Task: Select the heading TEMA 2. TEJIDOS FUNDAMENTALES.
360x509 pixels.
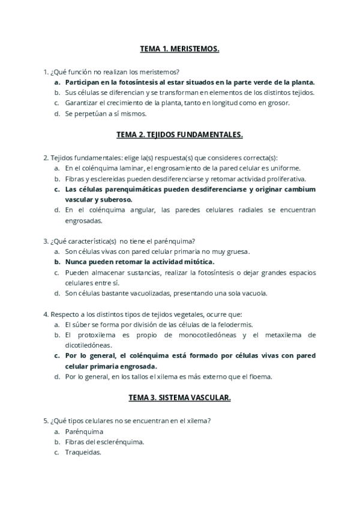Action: click(x=179, y=135)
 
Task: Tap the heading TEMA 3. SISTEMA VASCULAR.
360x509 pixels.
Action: click(x=179, y=397)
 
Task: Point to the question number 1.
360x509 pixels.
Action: click(x=45, y=71)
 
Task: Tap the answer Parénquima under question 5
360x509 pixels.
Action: click(x=84, y=431)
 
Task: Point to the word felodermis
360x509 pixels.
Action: click(x=233, y=324)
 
